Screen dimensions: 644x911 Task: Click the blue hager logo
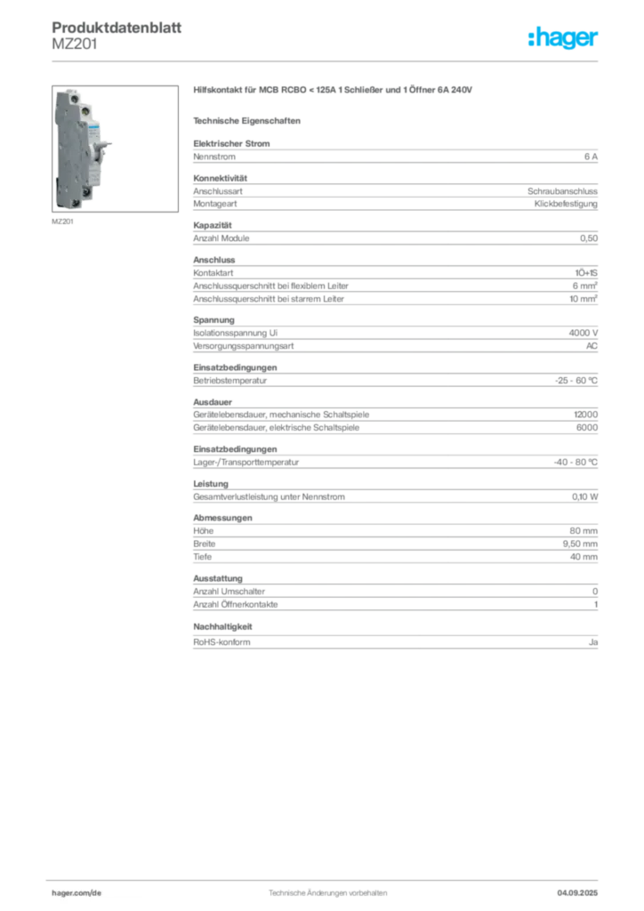tap(565, 38)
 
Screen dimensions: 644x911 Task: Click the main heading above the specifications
tap(334, 91)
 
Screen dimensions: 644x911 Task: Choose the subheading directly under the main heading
tap(250, 119)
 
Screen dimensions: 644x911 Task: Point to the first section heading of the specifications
tap(234, 139)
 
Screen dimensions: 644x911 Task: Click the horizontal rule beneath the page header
tap(326, 60)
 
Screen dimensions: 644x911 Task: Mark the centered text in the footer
tap(325, 889)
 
